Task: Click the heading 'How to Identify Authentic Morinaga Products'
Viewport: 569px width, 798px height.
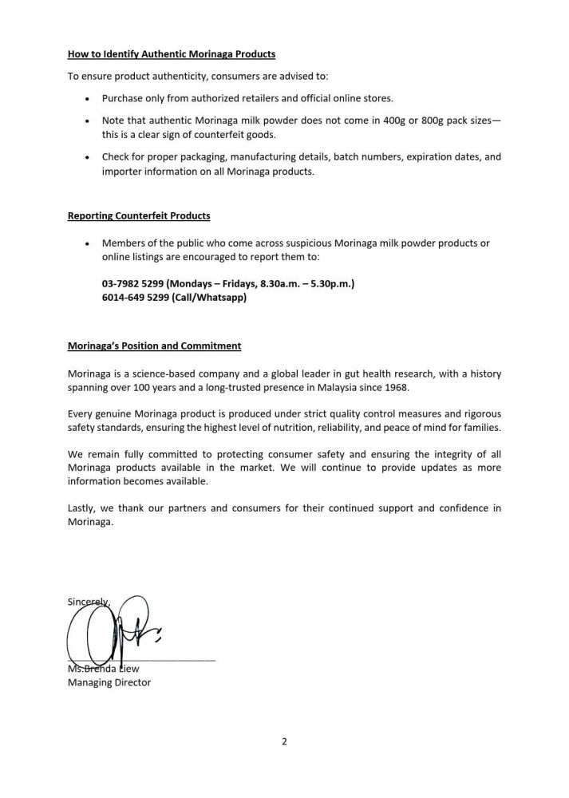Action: click(x=171, y=54)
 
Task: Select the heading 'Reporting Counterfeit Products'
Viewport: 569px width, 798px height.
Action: click(x=139, y=216)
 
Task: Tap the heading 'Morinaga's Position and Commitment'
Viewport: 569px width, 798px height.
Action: click(x=154, y=346)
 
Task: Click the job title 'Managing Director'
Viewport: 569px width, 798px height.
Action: click(x=109, y=682)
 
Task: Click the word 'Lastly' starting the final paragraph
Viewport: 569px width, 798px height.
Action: click(x=81, y=508)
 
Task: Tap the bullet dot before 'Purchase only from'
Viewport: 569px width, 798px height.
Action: click(x=86, y=98)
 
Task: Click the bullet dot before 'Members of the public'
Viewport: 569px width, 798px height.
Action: click(x=86, y=243)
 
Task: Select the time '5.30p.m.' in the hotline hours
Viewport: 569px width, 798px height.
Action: click(x=334, y=283)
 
